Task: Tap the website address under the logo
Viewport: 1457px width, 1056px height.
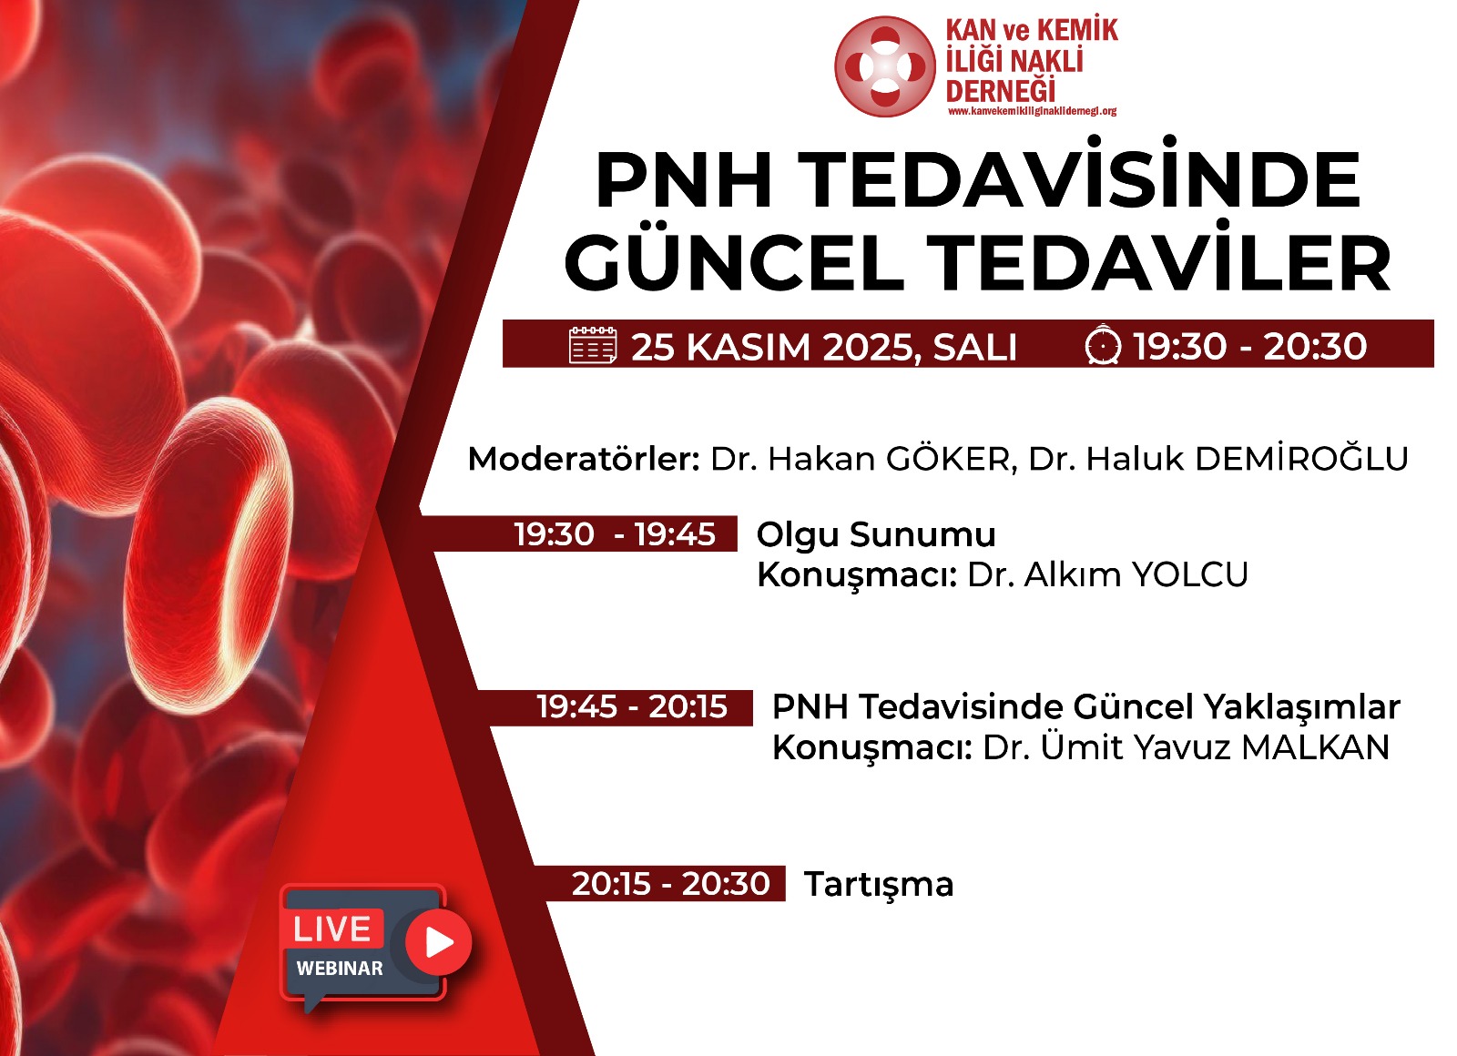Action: (x=1033, y=111)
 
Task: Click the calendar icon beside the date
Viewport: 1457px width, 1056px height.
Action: (x=593, y=345)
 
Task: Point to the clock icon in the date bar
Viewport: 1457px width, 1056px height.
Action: (x=1103, y=343)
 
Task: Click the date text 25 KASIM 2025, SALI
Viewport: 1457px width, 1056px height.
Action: (x=823, y=347)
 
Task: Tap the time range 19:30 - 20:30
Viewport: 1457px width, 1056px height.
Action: (x=1249, y=346)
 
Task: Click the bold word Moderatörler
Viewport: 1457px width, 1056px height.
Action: (x=584, y=459)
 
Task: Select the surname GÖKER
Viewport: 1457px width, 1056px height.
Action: (x=948, y=459)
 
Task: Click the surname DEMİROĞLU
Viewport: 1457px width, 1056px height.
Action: (x=1302, y=459)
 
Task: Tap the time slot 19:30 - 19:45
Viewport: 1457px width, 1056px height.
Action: (x=615, y=534)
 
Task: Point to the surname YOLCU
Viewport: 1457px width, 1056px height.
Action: (x=1189, y=574)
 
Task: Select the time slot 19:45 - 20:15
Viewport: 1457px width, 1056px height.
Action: (x=632, y=706)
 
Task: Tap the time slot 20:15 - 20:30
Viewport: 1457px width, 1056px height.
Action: (x=670, y=884)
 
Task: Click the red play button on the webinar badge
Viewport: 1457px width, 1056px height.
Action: (x=438, y=942)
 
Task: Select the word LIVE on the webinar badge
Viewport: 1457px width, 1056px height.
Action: (x=331, y=929)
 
